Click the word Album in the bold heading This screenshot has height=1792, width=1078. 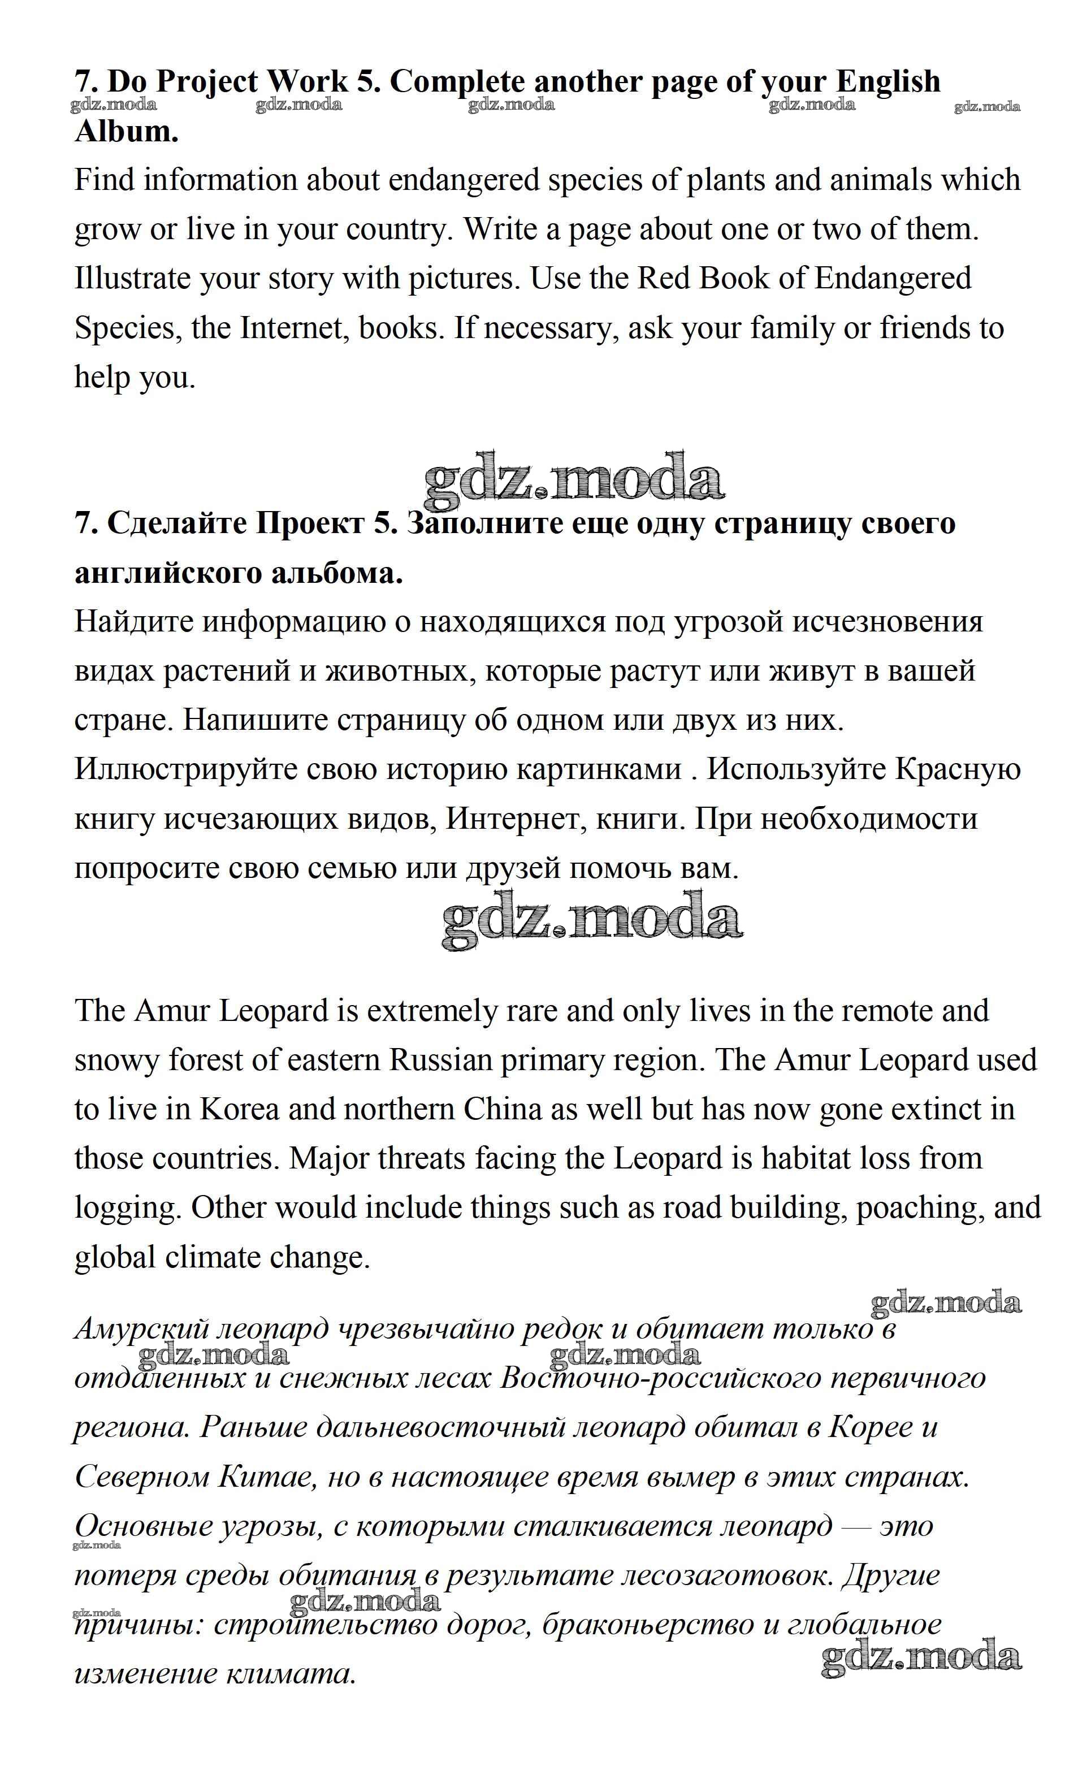point(125,132)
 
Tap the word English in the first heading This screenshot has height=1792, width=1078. point(887,81)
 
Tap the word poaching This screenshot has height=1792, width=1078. point(917,1208)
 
